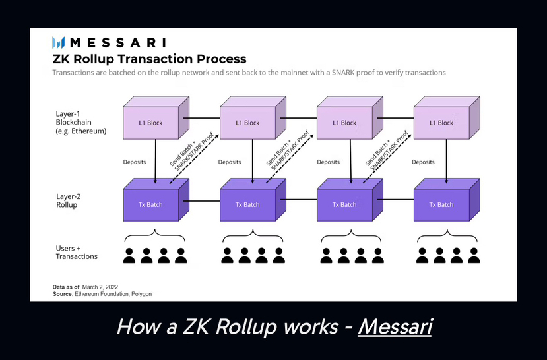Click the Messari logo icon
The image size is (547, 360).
coord(59,43)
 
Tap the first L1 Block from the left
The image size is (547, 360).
coord(150,123)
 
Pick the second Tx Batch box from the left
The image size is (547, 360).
coord(247,204)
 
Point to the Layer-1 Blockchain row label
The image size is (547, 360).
coord(81,122)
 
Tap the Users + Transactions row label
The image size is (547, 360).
coord(77,252)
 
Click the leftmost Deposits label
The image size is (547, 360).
coord(134,162)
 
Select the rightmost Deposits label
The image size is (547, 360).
coord(423,162)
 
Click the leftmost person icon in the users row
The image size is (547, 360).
coord(129,256)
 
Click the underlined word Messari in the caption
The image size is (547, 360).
coord(395,326)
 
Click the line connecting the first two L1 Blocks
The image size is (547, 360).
coord(201,119)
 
